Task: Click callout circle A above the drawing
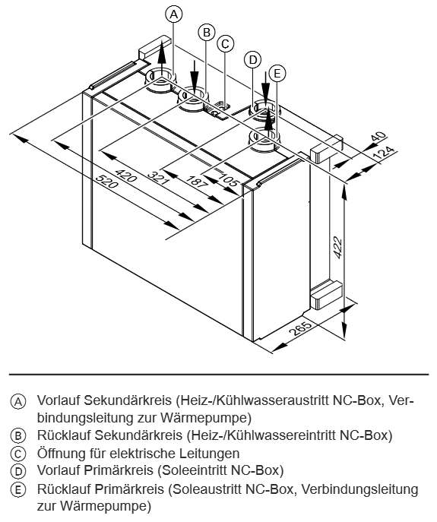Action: point(174,14)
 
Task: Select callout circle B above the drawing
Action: point(207,32)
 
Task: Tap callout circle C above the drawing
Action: point(225,43)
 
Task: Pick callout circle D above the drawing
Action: point(253,60)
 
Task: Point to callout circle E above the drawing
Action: point(277,73)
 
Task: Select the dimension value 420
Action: point(125,176)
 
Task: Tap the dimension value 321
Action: point(159,178)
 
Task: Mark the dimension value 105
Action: point(228,180)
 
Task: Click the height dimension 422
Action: point(337,247)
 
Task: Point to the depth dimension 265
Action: point(299,328)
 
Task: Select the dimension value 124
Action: point(383,153)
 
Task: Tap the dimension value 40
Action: point(378,137)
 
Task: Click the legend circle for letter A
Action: point(18,402)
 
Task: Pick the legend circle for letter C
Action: point(18,454)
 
